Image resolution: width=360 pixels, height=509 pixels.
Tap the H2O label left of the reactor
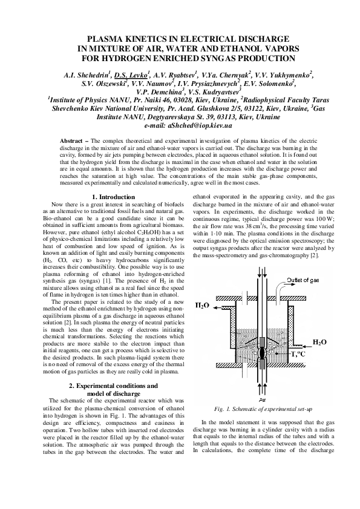[201, 306]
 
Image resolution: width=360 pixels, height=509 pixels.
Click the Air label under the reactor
[262, 400]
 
